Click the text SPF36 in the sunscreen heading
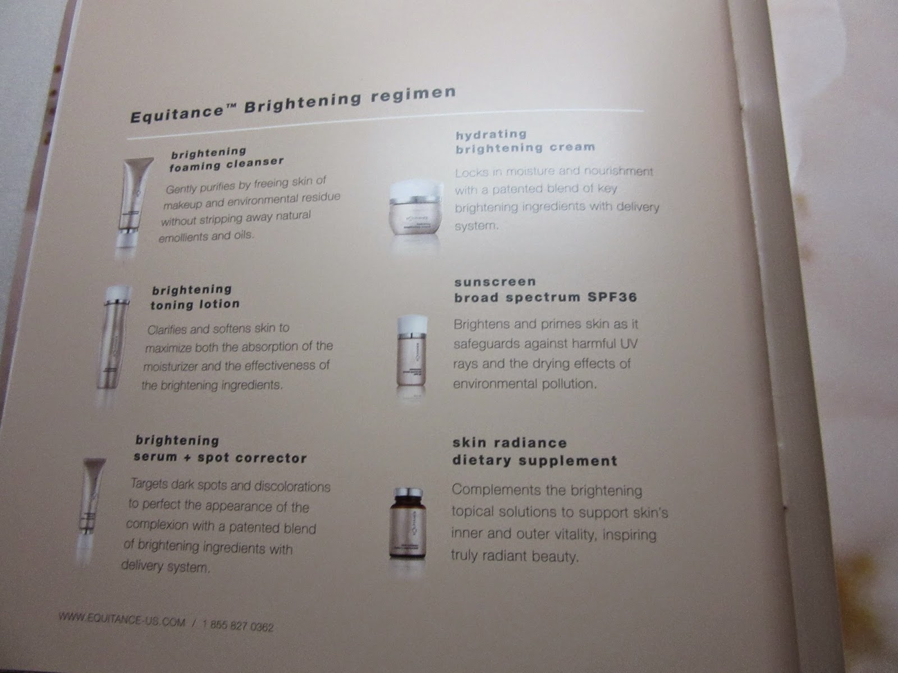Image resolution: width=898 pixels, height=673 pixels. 612,297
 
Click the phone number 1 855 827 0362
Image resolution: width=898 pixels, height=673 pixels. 238,625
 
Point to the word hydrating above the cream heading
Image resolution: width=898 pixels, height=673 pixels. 491,135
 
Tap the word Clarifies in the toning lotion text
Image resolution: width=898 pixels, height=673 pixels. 166,330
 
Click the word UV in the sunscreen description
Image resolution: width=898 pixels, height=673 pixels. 629,344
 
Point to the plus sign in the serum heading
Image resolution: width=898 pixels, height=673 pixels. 187,458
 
